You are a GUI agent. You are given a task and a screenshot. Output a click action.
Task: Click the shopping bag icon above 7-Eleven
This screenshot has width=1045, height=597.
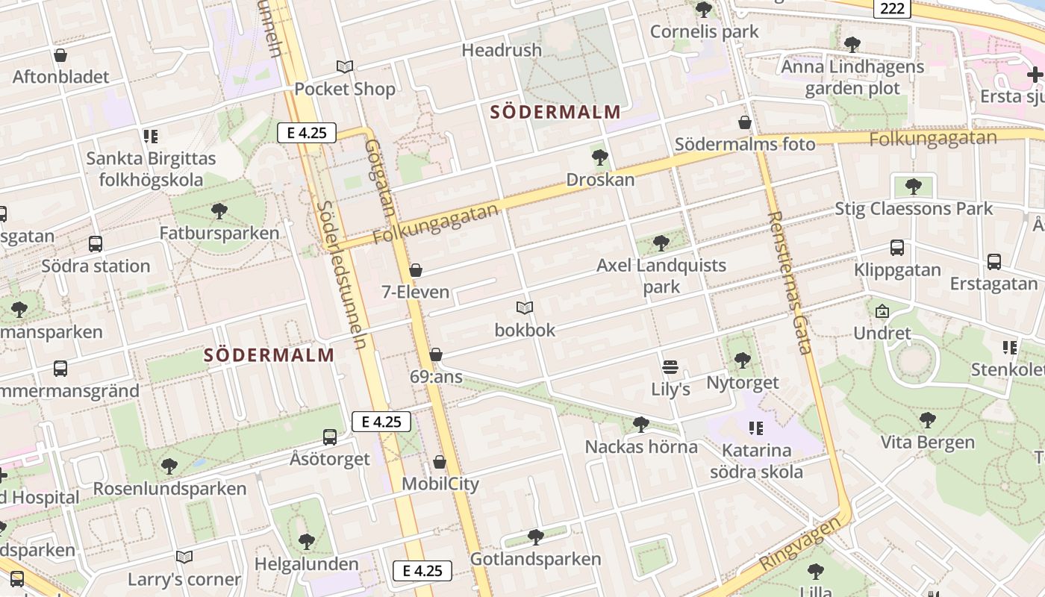tap(416, 270)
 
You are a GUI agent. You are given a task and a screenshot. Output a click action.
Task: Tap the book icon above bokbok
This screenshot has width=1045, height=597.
tap(525, 307)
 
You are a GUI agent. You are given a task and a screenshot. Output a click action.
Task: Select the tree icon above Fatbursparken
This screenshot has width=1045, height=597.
tap(219, 211)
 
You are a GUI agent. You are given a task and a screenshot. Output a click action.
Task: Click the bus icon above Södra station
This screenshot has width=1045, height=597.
tap(96, 244)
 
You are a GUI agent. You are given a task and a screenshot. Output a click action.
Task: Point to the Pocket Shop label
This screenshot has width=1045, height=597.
tap(344, 89)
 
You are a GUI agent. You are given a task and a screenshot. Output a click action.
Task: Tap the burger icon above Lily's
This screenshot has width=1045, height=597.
tap(670, 367)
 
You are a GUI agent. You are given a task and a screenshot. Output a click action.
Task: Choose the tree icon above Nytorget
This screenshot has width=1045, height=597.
tap(742, 360)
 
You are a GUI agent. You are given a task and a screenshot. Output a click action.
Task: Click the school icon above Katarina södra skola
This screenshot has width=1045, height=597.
tap(756, 428)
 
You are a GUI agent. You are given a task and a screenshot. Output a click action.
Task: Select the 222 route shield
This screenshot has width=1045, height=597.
tap(892, 9)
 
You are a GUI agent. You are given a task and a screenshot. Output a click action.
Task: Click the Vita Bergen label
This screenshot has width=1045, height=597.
tap(927, 443)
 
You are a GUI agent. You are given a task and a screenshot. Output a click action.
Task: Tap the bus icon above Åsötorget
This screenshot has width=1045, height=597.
tap(330, 437)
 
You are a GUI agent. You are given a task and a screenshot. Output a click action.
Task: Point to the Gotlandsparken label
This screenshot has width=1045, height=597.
tap(535, 559)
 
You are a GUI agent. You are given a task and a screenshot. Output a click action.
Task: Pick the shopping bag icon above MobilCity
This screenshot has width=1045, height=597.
tap(440, 463)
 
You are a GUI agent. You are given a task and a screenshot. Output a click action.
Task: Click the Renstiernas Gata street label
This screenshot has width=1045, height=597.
tap(789, 282)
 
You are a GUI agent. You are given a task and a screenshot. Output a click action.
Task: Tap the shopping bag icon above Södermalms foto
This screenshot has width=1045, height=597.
tap(744, 122)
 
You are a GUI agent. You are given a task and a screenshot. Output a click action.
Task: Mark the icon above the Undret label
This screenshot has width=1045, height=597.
tap(882, 311)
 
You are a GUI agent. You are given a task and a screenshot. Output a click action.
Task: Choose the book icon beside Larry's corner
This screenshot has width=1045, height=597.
tap(184, 557)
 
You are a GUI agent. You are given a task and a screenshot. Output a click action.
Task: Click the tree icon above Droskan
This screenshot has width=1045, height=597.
tap(599, 157)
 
